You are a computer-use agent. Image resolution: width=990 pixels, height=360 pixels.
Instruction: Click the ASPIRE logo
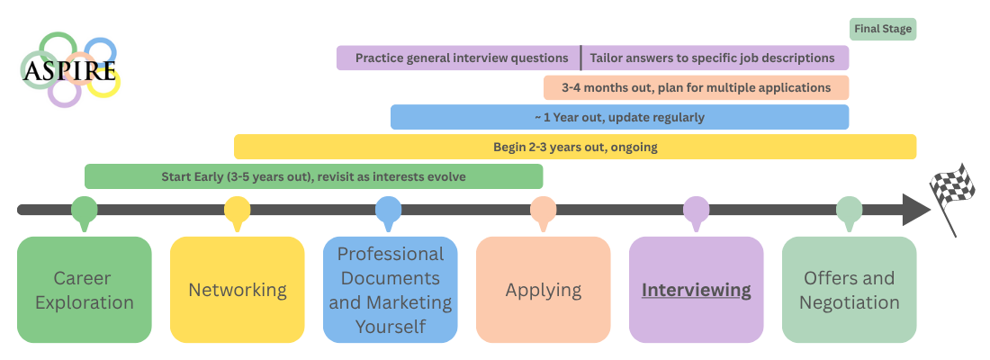69,69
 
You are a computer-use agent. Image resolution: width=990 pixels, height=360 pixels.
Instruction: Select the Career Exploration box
85,290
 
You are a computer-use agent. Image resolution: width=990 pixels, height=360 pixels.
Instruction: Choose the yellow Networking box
238,290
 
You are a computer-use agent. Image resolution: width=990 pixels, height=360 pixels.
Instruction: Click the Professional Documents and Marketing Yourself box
391,290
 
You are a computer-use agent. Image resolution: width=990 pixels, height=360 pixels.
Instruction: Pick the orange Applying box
544,290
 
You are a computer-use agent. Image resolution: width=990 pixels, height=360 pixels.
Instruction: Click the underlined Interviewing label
696,290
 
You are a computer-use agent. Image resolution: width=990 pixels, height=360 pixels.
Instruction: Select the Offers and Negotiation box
850,290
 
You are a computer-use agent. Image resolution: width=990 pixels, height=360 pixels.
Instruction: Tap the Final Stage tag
882,29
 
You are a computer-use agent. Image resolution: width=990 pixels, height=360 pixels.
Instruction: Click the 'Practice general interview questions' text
462,58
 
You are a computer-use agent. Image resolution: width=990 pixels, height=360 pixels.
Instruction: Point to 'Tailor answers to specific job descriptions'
712,58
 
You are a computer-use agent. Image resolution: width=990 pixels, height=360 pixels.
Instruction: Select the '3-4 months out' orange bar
696,88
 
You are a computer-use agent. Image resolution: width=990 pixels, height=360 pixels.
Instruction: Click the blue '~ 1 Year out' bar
619,117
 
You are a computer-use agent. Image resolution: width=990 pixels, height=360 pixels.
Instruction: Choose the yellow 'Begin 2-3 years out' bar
575,147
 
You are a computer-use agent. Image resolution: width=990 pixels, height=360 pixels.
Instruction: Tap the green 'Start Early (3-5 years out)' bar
313,176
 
